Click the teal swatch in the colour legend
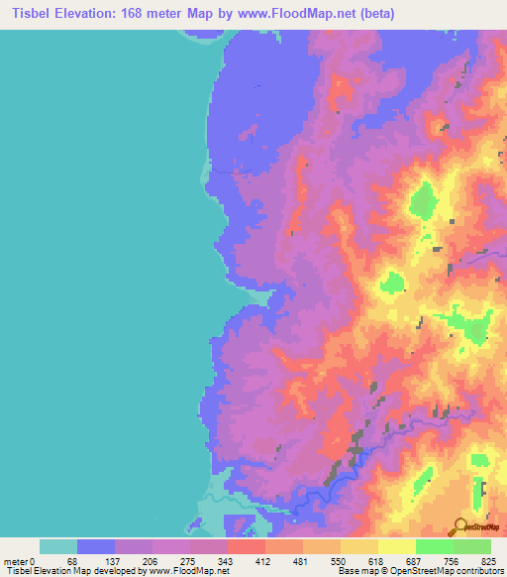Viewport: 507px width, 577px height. pyautogui.click(x=58, y=546)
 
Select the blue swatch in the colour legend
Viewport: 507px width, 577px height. pyautogui.click(x=96, y=546)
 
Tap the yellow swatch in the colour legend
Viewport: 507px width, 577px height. pyautogui.click(x=397, y=546)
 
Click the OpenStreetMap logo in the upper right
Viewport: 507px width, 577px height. pyautogui.click(x=476, y=254)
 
